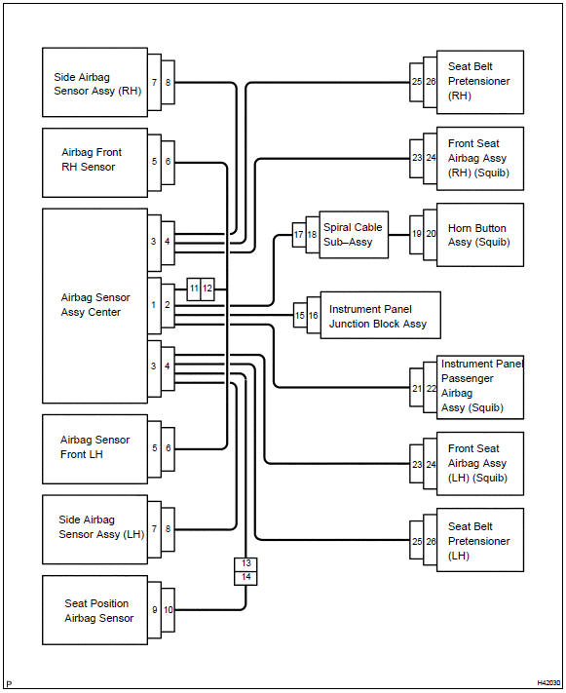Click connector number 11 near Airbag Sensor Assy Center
pyautogui.click(x=194, y=289)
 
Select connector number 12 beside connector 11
pyautogui.click(x=208, y=289)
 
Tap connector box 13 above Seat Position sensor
pyautogui.click(x=245, y=564)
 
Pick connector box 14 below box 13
pyautogui.click(x=245, y=578)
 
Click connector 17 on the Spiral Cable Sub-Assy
pyautogui.click(x=299, y=235)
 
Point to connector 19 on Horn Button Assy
pyautogui.click(x=417, y=235)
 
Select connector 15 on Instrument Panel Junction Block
pyautogui.click(x=300, y=316)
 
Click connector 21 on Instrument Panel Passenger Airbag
pyautogui.click(x=417, y=388)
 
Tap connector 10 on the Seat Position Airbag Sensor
pyautogui.click(x=168, y=610)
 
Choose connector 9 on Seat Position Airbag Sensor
pyautogui.click(x=154, y=610)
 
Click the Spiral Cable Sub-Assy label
pyautogui.click(x=353, y=235)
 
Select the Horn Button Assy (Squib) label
pyautogui.click(x=479, y=235)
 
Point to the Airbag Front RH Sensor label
pyautogui.click(x=92, y=160)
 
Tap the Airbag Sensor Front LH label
pyautogui.click(x=95, y=446)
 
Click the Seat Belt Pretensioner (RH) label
pyautogui.click(x=479, y=81)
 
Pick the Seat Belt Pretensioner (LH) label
pyautogui.click(x=479, y=541)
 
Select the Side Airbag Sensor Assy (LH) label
pyautogui.click(x=101, y=527)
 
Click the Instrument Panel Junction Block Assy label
pyautogui.click(x=378, y=317)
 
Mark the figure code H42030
pyautogui.click(x=548, y=683)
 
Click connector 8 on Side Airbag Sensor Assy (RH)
pyautogui.click(x=168, y=83)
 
